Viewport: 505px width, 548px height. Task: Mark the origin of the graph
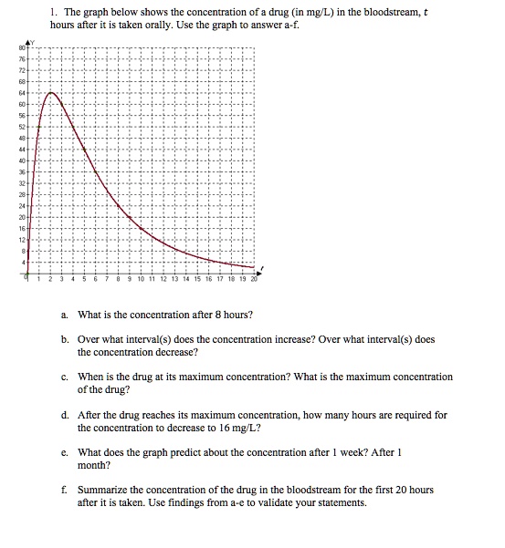pyautogui.click(x=28, y=275)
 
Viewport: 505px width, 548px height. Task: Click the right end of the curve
pyautogui.click(x=255, y=267)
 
